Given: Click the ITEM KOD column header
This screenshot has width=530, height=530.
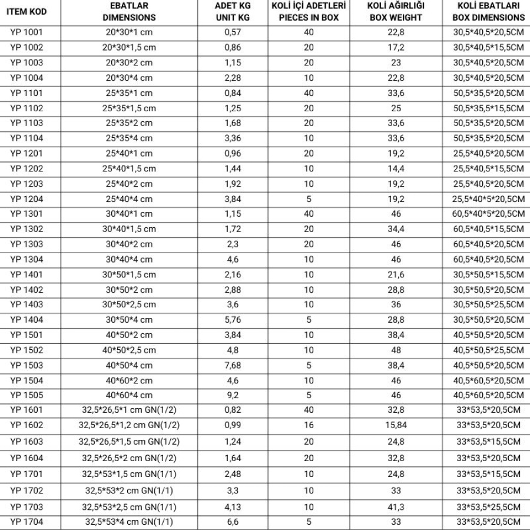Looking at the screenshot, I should (x=26, y=12).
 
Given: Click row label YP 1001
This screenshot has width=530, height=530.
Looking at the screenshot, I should (x=26, y=32).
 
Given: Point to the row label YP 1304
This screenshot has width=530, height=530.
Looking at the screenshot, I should (x=26, y=259).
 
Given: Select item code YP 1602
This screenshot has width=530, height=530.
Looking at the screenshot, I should (x=26, y=425).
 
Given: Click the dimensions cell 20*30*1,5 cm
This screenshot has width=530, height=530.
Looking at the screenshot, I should (x=129, y=47).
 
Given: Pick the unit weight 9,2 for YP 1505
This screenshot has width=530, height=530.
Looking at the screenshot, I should (x=233, y=395).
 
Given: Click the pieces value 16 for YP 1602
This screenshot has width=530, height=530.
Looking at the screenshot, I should (x=309, y=425).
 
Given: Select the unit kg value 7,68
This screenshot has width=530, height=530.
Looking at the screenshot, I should (x=233, y=365).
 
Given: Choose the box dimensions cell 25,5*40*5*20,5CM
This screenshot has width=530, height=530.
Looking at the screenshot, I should (x=489, y=199).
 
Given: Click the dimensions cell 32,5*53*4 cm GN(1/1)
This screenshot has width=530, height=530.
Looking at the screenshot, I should (x=129, y=521).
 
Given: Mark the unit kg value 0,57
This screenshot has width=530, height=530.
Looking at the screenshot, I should (x=233, y=32).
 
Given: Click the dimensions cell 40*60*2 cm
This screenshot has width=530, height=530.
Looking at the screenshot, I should (x=129, y=380).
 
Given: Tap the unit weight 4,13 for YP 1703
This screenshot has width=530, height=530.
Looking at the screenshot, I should (x=233, y=507).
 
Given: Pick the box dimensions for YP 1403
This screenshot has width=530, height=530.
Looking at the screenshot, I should (x=489, y=304).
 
